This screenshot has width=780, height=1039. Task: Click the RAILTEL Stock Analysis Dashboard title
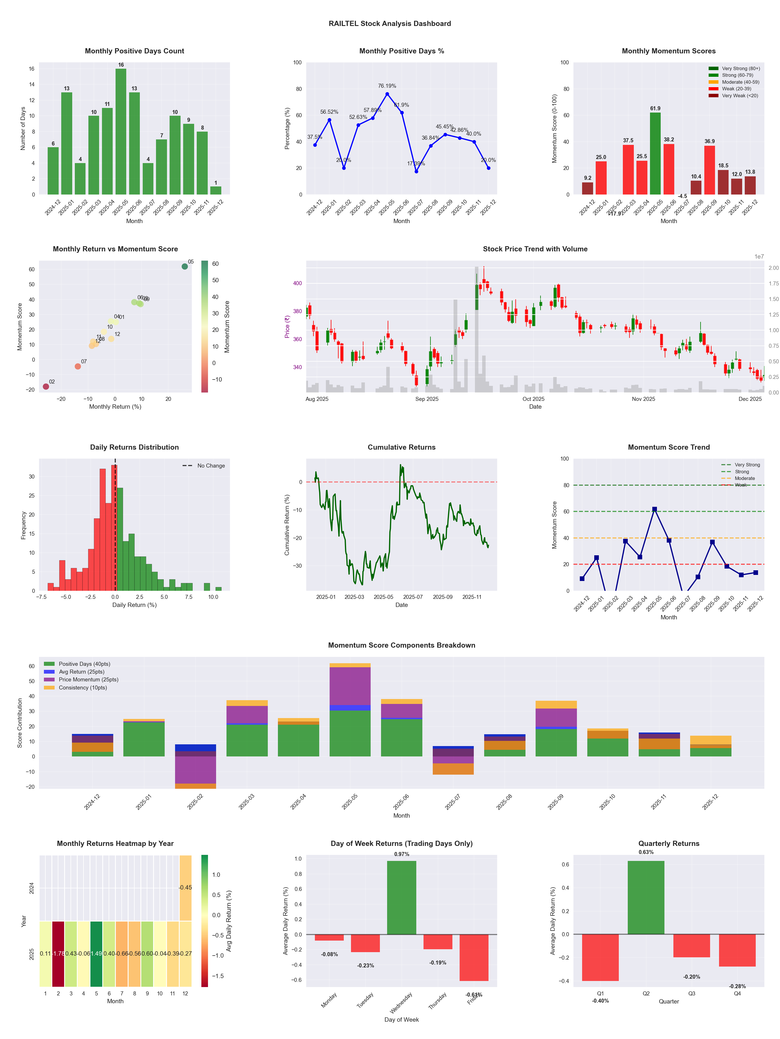tap(389, 23)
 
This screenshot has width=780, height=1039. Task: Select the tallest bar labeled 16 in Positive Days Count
tap(121, 132)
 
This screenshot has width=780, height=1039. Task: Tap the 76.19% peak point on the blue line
tap(387, 94)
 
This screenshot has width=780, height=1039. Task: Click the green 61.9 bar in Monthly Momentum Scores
tap(655, 153)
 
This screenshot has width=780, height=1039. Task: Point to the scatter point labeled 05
tap(185, 266)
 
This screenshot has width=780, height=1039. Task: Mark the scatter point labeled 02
tap(46, 386)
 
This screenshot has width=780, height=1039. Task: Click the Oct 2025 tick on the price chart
tap(533, 399)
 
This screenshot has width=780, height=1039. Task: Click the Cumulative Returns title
tap(402, 447)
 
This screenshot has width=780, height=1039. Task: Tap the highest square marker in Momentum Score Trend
tap(654, 509)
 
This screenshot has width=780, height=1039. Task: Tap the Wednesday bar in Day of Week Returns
tap(402, 897)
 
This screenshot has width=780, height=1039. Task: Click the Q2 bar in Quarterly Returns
tap(646, 897)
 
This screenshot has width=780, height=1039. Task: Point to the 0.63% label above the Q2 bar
tap(646, 852)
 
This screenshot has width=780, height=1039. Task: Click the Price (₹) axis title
tap(287, 326)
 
